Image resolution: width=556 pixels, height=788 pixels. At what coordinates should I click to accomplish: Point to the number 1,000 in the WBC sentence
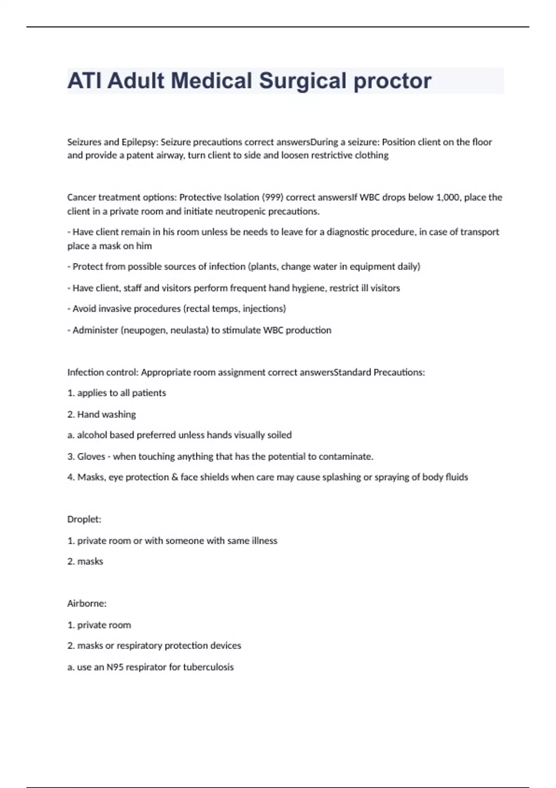448,197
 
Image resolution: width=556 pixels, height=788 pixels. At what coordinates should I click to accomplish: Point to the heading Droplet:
84,519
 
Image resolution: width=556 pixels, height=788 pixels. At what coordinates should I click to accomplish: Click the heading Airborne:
87,604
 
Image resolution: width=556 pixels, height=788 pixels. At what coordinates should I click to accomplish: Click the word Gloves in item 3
91,457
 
